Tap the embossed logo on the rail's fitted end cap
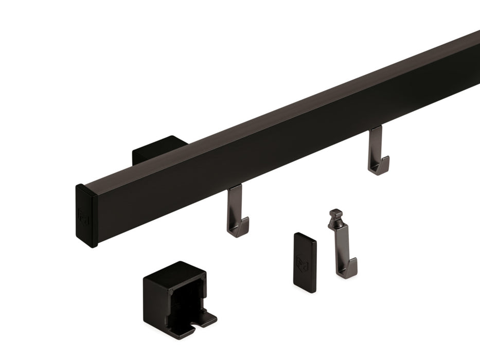click(x=83, y=213)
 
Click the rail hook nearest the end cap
click(x=237, y=211)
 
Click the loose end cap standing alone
click(x=305, y=262)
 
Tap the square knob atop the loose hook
click(x=336, y=213)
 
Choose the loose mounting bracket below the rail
click(x=178, y=296)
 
